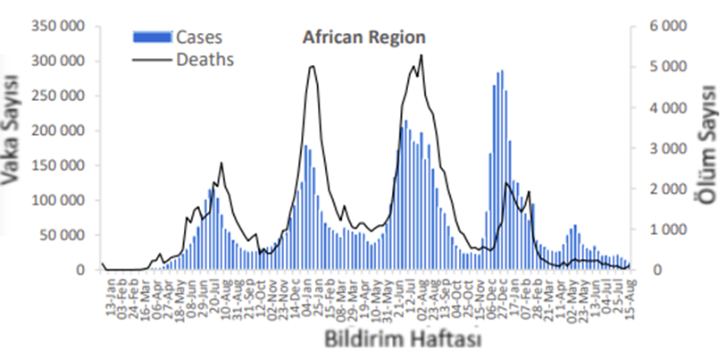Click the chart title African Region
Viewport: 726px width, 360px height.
click(363, 38)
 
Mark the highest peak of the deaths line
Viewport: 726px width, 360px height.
click(421, 55)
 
